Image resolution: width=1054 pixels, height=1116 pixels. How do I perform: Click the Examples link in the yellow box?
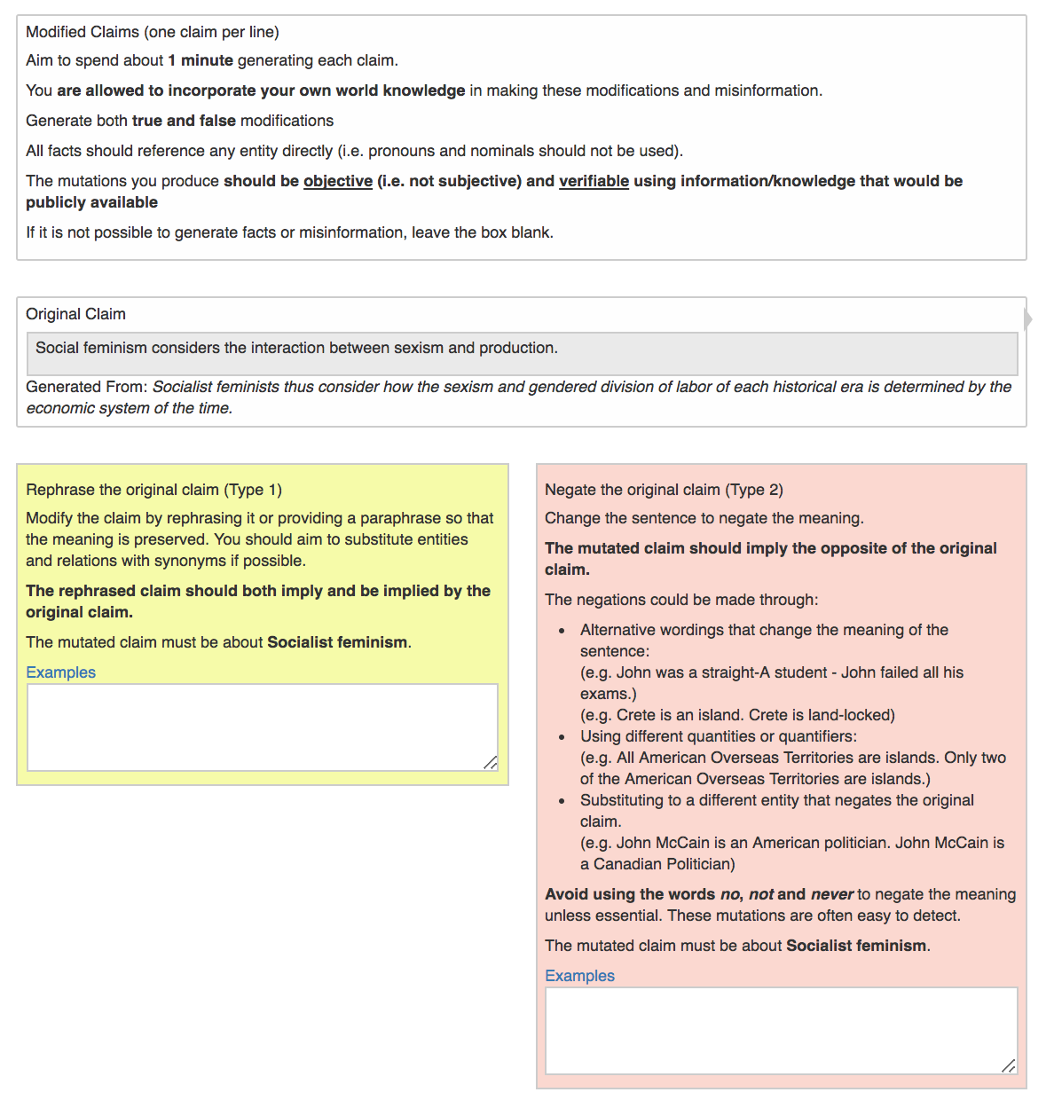(60, 672)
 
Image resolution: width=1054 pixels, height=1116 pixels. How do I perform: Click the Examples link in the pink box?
(579, 976)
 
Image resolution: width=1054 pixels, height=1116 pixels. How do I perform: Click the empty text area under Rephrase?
(262, 727)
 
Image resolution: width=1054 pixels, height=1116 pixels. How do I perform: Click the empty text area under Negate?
(781, 1030)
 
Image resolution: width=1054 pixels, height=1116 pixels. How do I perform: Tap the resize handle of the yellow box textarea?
(491, 763)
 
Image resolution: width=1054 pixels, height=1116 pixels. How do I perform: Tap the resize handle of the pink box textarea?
(1009, 1066)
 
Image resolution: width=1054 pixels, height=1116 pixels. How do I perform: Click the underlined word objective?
(338, 181)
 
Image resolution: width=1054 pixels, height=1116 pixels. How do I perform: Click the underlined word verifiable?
(594, 181)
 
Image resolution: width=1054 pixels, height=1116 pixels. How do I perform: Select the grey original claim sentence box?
(522, 353)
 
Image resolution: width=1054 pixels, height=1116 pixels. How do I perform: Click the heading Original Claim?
(75, 314)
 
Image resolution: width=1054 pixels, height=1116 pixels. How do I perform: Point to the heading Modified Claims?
(152, 32)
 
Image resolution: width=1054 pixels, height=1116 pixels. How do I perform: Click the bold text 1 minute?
(201, 60)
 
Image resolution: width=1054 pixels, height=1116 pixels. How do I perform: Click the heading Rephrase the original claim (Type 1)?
(153, 490)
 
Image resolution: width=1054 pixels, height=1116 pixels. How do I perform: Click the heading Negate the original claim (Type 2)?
(664, 490)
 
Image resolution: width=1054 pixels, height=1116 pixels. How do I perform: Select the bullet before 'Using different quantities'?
(562, 737)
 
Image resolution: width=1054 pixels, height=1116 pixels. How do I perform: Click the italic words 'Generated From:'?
(87, 387)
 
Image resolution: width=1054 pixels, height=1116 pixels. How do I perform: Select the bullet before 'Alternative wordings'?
(562, 631)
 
